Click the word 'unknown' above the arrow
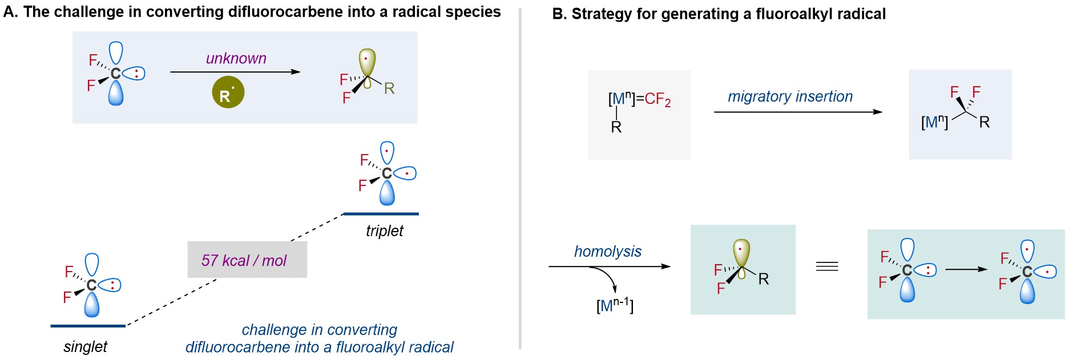point(236,58)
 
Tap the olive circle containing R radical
point(228,92)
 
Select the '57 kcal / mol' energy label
point(244,260)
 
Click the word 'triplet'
point(384,230)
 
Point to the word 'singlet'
point(85,346)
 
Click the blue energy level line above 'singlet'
point(88,326)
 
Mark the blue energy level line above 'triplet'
point(381,214)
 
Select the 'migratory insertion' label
point(790,96)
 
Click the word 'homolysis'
point(607,251)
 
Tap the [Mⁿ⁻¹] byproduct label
point(615,305)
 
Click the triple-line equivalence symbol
point(827,266)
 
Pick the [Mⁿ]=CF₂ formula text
point(639,99)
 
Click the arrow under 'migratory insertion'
point(798,112)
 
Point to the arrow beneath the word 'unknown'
point(235,72)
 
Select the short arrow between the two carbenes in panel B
point(966,269)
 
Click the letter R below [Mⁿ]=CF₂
point(616,127)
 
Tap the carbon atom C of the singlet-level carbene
point(91,285)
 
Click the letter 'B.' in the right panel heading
point(559,14)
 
